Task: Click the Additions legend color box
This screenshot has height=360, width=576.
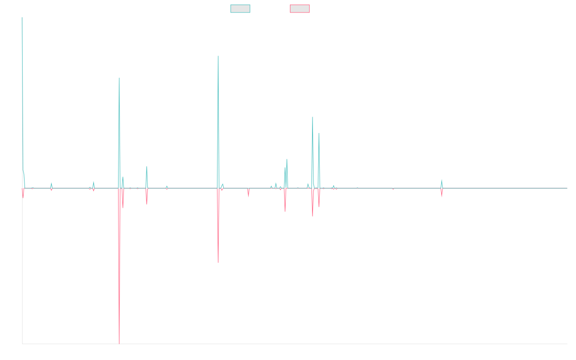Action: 240,9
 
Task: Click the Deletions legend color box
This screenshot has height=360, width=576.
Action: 300,9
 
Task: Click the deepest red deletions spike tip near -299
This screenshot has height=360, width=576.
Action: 119,343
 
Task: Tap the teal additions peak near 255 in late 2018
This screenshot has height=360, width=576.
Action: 218,56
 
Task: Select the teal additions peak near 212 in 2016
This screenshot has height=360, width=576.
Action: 119,78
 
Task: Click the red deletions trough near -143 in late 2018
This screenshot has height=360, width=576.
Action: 218,263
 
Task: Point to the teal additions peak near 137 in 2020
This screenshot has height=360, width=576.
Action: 312,117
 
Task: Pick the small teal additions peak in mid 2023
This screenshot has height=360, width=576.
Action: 442,180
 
